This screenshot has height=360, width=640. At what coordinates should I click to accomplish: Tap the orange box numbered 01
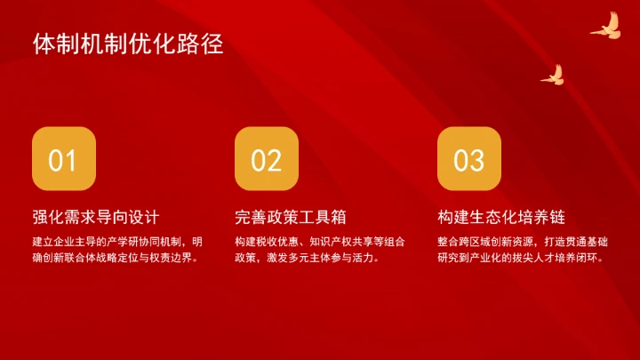point(63,159)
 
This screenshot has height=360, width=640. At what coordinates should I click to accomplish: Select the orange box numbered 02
point(266,159)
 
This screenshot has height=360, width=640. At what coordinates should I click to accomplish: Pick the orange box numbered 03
point(468,159)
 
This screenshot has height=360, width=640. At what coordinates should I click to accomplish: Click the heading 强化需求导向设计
point(95,218)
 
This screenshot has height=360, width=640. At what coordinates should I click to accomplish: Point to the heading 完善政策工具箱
point(290,218)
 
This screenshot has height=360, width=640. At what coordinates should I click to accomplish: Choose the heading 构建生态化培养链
point(501,218)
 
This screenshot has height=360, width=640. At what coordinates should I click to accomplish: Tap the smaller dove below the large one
point(553,75)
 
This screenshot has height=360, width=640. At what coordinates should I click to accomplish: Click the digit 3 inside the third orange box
point(476,160)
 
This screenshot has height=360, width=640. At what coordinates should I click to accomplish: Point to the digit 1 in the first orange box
point(70,160)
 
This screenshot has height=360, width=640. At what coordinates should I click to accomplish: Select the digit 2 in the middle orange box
point(274,160)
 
